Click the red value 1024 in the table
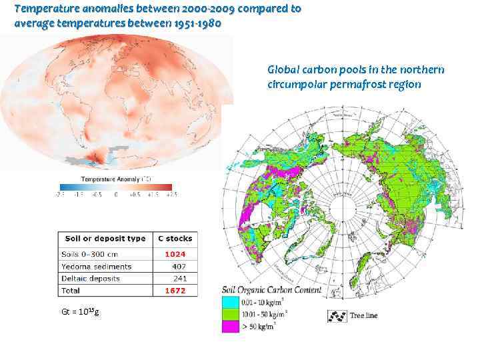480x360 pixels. pyautogui.click(x=176, y=254)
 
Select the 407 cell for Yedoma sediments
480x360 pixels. pyautogui.click(x=178, y=266)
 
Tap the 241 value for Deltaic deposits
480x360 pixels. pyautogui.click(x=178, y=278)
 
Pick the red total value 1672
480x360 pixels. pyautogui.click(x=176, y=291)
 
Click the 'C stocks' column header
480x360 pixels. pyautogui.click(x=175, y=238)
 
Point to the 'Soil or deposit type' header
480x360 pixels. pyautogui.click(x=105, y=238)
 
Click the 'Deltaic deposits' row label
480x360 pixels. pyautogui.click(x=93, y=278)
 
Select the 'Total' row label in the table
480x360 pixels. pyautogui.click(x=70, y=291)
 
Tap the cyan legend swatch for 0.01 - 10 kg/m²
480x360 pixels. pyautogui.click(x=231, y=303)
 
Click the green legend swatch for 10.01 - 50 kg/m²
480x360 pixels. pyautogui.click(x=231, y=314)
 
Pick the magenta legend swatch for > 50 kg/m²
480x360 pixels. pyautogui.click(x=231, y=326)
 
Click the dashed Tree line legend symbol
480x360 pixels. pyautogui.click(x=336, y=316)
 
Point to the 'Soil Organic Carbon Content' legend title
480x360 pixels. pyautogui.click(x=271, y=291)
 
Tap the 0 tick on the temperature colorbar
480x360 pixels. pyautogui.click(x=115, y=194)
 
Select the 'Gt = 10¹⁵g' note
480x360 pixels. pyautogui.click(x=80, y=311)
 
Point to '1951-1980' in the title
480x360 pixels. pyautogui.click(x=199, y=23)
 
